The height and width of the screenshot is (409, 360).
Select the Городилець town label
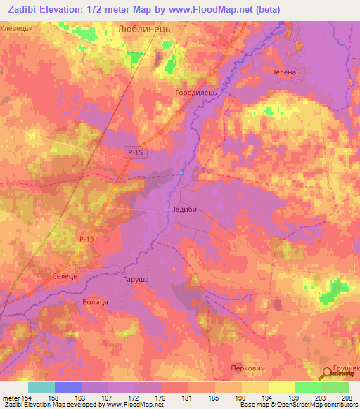[193, 92]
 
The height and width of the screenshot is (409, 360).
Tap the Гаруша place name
[136, 280]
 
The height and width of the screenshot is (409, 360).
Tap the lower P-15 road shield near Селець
[86, 240]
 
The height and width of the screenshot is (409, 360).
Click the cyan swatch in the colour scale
[41, 387]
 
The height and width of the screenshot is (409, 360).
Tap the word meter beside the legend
[10, 398]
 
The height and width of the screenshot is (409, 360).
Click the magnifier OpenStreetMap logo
[326, 374]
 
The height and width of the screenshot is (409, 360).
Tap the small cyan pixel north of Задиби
[181, 173]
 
